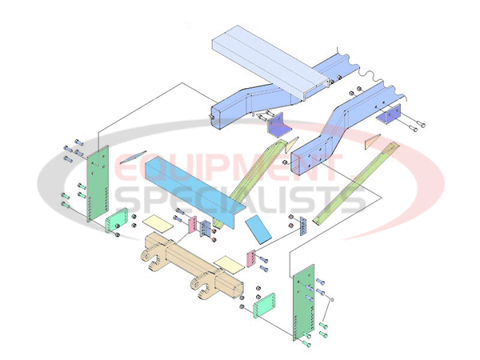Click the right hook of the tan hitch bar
pyautogui.click(x=202, y=287)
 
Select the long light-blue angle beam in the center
pyautogui.click(x=195, y=192)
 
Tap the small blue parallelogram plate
pyautogui.click(x=258, y=229)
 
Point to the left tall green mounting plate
pyautogui.click(x=98, y=184)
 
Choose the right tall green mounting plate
pyautogui.click(x=304, y=302)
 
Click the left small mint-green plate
pyautogui.click(x=117, y=221)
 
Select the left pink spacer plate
pyautogui.click(x=192, y=225)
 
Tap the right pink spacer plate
pyautogui.click(x=251, y=258)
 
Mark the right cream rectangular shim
pyautogui.click(x=230, y=263)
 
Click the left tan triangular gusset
pyautogui.click(x=291, y=145)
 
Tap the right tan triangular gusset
pyautogui.click(x=373, y=141)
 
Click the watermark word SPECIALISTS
pyautogui.click(x=241, y=198)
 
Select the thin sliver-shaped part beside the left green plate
pyautogui.click(x=133, y=157)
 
